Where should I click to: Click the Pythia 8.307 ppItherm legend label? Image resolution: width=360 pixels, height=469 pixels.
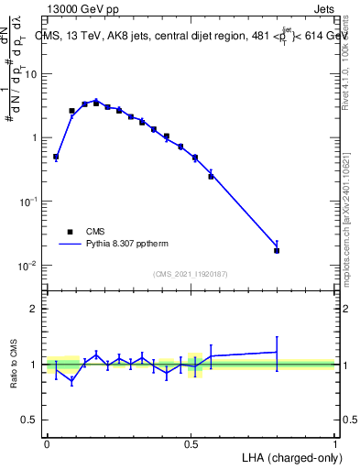[128, 245]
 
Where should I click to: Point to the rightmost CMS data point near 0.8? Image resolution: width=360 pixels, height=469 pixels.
[277, 250]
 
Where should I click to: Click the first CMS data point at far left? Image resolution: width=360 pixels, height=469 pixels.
[56, 157]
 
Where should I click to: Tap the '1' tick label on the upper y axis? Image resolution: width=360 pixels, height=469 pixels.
[36, 137]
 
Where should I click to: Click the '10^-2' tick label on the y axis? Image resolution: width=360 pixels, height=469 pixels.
[29, 266]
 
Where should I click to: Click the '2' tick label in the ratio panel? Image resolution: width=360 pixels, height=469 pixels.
[36, 309]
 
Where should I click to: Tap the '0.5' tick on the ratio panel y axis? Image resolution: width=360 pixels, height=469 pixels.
[31, 420]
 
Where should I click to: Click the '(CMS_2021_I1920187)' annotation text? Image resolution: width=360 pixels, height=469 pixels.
[191, 274]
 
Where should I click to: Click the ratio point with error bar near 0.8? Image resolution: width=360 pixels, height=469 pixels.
[277, 352]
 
